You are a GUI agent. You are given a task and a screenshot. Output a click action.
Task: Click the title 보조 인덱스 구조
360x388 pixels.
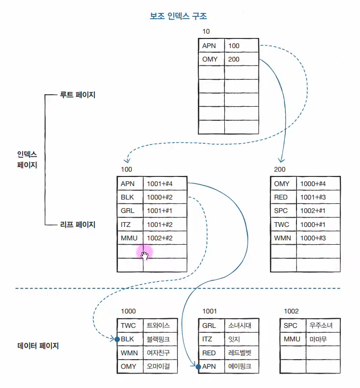(179, 16)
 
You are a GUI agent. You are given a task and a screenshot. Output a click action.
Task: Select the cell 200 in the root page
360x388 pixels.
(234, 60)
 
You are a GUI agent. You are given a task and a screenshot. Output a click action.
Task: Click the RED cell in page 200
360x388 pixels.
(282, 197)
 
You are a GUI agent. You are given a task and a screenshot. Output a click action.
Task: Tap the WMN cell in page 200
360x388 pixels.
(282, 238)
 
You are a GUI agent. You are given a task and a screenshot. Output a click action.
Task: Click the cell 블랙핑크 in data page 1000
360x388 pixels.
(158, 339)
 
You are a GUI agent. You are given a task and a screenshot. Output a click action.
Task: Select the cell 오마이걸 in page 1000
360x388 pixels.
(158, 366)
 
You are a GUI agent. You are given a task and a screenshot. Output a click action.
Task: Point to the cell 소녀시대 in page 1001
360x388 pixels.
(240, 325)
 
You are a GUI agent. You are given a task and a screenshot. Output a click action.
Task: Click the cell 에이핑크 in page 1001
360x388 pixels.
(240, 366)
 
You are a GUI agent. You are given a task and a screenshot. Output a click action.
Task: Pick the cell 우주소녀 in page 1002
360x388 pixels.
(321, 325)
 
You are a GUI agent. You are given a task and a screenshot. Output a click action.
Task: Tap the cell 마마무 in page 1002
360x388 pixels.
(318, 339)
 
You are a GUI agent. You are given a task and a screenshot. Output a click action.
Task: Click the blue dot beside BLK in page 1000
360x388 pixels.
(117, 339)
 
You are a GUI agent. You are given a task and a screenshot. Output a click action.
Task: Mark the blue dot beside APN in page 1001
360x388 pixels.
(198, 367)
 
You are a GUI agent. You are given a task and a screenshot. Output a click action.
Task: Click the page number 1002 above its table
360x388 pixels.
(291, 311)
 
